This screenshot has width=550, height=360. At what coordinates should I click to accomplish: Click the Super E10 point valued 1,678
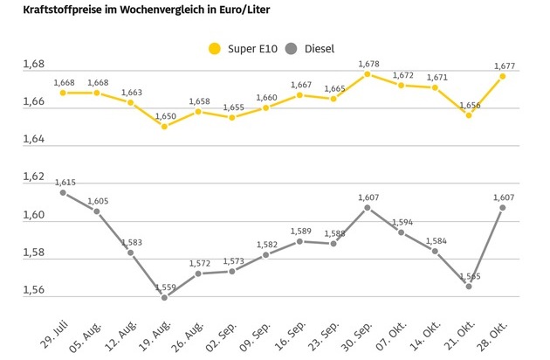(368, 74)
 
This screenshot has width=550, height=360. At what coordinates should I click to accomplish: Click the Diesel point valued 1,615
(63, 192)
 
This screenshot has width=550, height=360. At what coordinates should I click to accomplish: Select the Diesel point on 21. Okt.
(469, 286)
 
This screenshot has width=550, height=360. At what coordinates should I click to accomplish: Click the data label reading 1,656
(469, 104)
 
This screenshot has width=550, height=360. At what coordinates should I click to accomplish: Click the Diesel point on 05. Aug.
(97, 211)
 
